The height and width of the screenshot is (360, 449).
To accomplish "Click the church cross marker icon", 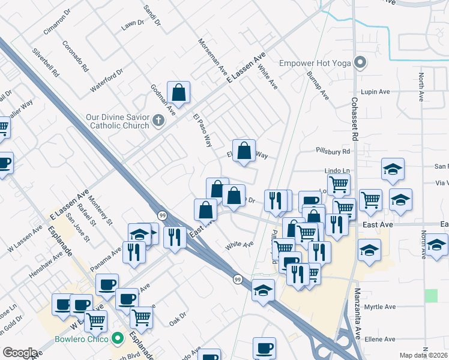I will click(158, 121).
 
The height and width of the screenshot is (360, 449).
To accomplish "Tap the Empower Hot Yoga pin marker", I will click(360, 62).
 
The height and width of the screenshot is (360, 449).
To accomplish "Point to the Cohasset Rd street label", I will click(355, 120).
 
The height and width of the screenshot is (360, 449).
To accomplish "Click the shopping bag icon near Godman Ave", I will click(178, 92).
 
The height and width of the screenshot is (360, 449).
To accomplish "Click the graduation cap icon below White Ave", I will click(263, 290).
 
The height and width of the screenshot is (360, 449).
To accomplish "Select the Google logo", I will click(20, 353).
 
